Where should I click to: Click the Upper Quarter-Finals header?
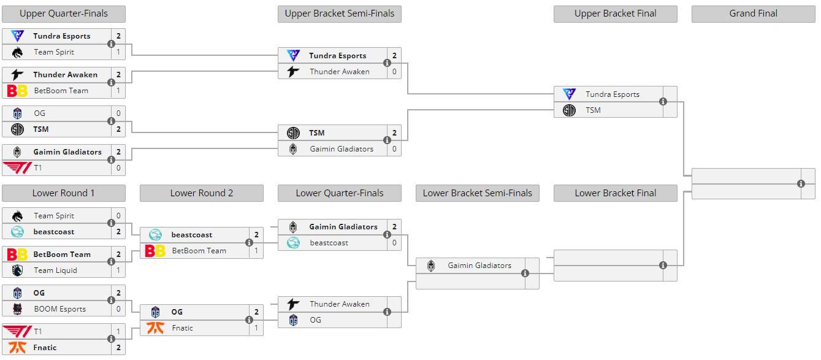(64, 14)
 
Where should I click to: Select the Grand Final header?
(753, 14)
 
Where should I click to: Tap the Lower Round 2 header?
(202, 193)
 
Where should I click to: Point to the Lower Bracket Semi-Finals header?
(478, 193)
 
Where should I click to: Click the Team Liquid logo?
(17, 270)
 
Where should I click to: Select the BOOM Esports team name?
(59, 309)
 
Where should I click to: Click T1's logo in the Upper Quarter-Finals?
(17, 168)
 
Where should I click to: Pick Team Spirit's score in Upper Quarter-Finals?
(118, 52)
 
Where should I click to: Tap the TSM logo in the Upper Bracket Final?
(569, 110)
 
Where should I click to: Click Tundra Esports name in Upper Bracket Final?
(613, 94)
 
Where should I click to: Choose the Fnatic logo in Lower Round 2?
(155, 328)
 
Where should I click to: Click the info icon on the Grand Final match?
(801, 183)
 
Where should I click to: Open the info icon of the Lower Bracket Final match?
(663, 266)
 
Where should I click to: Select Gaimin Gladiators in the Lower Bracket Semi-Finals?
(479, 266)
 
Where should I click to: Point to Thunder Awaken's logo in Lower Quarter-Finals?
(293, 304)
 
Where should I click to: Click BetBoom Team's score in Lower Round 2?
(256, 251)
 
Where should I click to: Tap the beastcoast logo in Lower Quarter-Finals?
(293, 243)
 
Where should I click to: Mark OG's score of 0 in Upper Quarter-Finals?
(118, 113)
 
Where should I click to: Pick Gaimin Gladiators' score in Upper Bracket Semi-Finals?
(394, 149)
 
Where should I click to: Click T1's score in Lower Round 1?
(118, 332)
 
